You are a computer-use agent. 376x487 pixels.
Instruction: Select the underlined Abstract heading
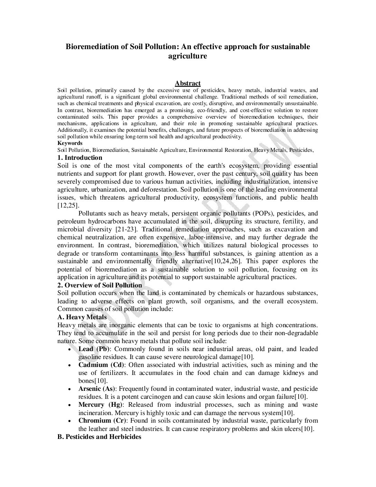coord(188,83)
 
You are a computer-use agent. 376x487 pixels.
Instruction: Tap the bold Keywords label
coord(70,143)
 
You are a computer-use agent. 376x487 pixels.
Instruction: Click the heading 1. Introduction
coord(80,158)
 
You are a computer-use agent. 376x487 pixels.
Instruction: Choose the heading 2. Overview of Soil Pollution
coord(100,285)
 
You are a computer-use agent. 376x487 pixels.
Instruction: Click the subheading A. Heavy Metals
coord(82,317)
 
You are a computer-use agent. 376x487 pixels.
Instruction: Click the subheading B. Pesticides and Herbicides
coord(99,437)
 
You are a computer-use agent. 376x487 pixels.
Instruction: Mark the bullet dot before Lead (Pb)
coord(70,350)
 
